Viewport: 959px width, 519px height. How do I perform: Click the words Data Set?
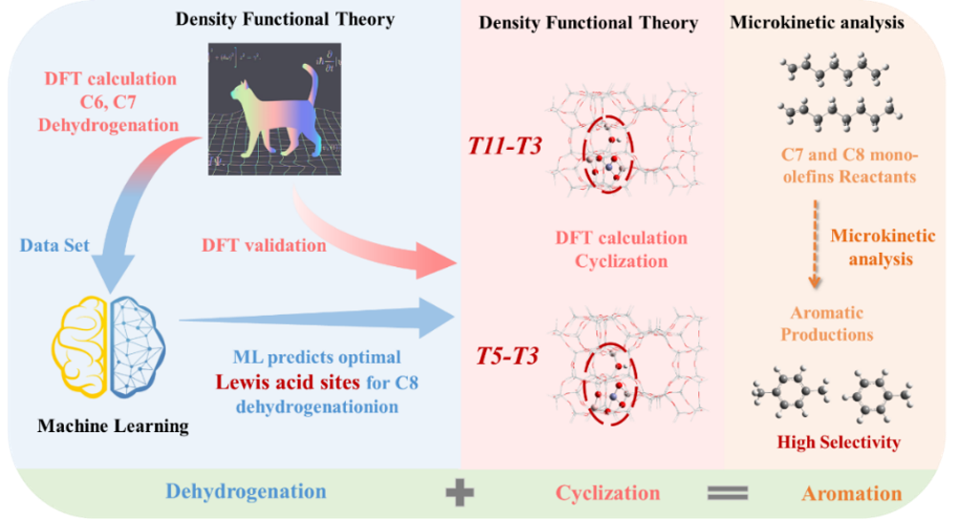54,245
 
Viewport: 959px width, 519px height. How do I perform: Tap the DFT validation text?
265,245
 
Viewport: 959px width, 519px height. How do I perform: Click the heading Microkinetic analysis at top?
817,21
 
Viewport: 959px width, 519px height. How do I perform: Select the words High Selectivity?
839,442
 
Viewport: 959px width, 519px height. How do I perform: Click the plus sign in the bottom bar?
459,493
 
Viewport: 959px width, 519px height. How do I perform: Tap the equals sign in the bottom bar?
728,493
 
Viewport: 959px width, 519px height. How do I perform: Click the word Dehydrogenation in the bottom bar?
245,492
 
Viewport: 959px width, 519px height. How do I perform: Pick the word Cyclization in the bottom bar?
607,493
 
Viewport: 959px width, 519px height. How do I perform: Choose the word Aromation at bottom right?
851,493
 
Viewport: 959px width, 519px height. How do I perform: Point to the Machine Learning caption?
112,425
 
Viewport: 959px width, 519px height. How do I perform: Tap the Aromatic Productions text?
827,323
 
